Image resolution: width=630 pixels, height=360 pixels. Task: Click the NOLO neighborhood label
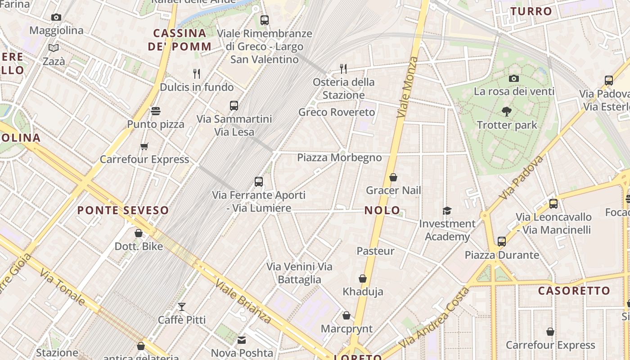[x=382, y=210]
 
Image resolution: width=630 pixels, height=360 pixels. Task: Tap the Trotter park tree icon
[x=507, y=111]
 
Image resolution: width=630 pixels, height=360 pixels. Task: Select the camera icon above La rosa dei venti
[x=514, y=78]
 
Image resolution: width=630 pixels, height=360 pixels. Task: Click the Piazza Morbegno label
[x=339, y=157]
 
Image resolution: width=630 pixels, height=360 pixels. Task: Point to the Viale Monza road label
[x=408, y=88]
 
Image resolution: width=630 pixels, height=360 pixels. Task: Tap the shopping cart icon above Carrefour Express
[x=144, y=146]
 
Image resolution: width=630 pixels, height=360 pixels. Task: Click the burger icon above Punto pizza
[x=156, y=111]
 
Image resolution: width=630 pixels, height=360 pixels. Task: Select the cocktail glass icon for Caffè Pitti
[x=182, y=307]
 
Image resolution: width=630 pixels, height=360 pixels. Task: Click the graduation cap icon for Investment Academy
[x=447, y=211]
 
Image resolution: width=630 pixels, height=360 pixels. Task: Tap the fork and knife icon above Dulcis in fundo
[x=197, y=73]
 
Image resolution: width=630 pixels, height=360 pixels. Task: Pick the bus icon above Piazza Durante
[x=502, y=242]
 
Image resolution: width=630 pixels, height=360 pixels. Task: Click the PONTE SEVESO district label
[x=123, y=210]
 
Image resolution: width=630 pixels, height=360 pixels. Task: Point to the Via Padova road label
[x=521, y=178]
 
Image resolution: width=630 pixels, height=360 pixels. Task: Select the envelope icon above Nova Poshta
[x=242, y=340]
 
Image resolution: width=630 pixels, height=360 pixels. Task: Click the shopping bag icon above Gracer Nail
[x=393, y=177]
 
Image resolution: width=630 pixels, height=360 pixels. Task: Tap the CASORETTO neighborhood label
[x=574, y=291]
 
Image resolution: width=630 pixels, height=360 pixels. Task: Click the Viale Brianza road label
[x=243, y=301]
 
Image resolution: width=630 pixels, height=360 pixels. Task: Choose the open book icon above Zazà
[x=54, y=48]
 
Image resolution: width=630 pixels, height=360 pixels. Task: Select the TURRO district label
[x=531, y=11]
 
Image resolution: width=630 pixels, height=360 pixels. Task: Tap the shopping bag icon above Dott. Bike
[x=139, y=233]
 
